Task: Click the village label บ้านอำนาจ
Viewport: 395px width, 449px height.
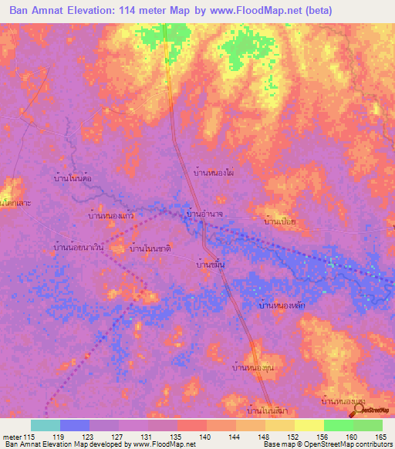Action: tap(205, 213)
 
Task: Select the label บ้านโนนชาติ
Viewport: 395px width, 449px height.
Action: tap(150, 248)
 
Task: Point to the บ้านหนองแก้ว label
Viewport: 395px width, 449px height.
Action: tap(112, 216)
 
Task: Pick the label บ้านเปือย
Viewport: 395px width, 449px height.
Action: tap(280, 221)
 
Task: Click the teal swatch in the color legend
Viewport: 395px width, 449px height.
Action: tap(46, 425)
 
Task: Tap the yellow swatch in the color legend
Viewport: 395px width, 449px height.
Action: tap(309, 425)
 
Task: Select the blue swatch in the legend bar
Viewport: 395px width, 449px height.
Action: tap(75, 425)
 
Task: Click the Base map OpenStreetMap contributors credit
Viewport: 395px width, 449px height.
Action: tap(326, 444)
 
